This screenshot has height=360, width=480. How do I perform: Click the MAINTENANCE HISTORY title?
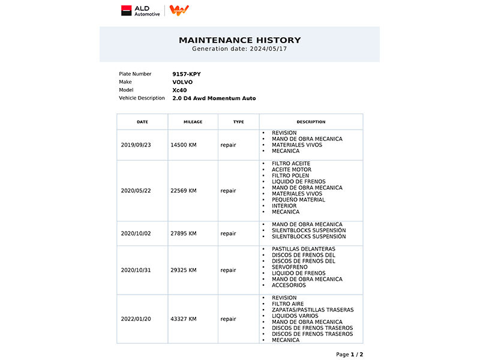239,40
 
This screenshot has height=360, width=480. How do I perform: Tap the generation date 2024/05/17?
266,49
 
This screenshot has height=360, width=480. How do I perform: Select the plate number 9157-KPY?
187,74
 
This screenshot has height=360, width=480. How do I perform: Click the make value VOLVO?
182,82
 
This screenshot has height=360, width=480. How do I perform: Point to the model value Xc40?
179,90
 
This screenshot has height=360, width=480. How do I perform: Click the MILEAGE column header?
193,122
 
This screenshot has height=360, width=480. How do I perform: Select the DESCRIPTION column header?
311,122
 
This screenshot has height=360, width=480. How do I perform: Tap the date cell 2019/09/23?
136,145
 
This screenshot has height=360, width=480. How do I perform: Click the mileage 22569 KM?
184,191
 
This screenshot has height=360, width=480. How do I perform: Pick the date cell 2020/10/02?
136,233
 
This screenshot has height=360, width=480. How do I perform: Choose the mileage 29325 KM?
184,270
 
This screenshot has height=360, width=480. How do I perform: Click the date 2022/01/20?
136,319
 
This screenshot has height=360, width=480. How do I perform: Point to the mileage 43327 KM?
184,319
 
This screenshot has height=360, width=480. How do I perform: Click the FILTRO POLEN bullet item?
290,175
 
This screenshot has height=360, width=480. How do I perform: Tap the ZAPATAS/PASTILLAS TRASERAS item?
313,310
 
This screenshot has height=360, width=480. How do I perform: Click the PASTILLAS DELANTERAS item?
303,248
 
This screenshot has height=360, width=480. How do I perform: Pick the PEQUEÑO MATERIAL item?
298,200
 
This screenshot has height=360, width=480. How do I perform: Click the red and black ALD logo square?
126,10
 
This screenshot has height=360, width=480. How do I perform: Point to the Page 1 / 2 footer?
349,355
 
